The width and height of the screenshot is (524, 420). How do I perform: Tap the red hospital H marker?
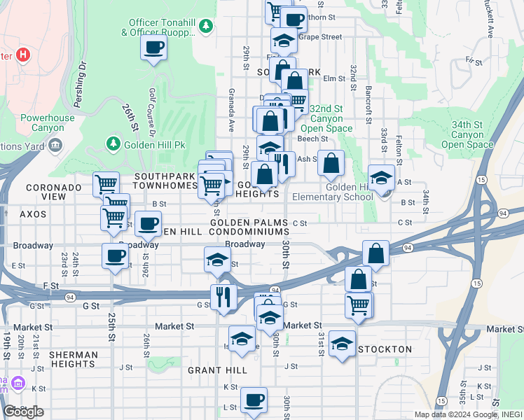[x=24, y=54]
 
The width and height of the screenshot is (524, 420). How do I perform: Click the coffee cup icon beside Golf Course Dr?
[x=153, y=48]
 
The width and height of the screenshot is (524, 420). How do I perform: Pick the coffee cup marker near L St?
[x=254, y=400]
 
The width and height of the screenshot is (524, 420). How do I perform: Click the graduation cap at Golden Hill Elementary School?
[x=382, y=178]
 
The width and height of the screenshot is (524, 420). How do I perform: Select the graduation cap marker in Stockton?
[x=342, y=343]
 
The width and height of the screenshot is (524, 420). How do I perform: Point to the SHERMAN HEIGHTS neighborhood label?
[x=74, y=360]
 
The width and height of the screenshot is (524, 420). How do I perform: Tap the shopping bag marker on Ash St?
[x=331, y=163]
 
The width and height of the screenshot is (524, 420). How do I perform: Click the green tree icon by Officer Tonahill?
[x=205, y=27]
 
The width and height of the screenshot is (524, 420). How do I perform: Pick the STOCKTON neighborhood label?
[x=385, y=349]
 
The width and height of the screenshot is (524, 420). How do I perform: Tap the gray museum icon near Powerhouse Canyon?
[x=55, y=146]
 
